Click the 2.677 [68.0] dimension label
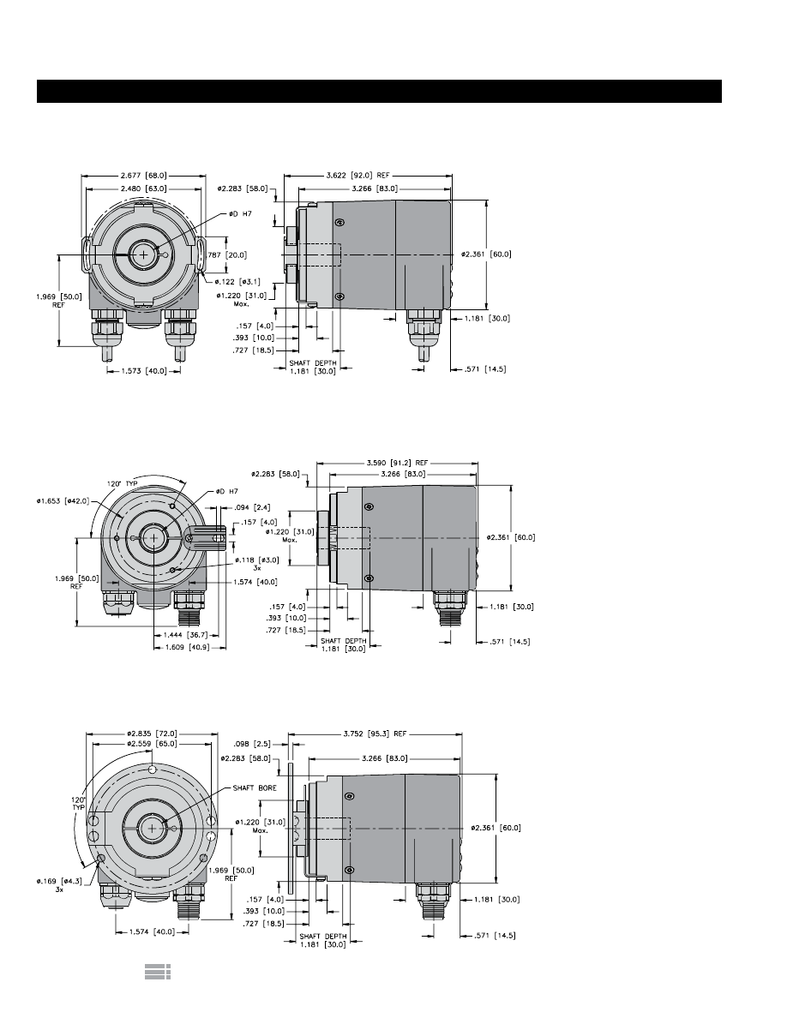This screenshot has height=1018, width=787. (143, 176)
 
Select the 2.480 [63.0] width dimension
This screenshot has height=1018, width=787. (143, 189)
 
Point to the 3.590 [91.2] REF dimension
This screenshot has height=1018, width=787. (397, 463)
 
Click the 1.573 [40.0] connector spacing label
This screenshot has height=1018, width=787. (143, 371)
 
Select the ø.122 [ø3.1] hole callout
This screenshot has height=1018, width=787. (237, 282)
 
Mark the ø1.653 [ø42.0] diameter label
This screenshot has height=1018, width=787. (63, 500)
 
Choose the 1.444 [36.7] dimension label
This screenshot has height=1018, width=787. (185, 634)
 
